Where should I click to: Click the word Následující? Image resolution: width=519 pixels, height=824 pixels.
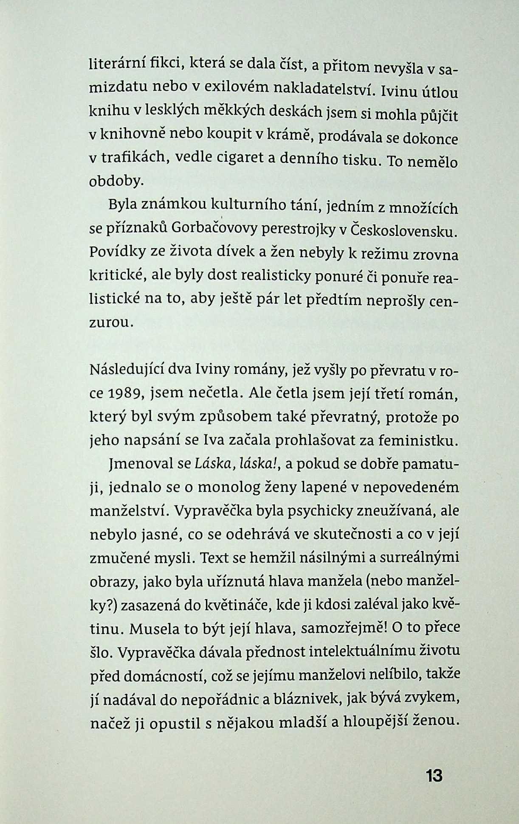point(125,370)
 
